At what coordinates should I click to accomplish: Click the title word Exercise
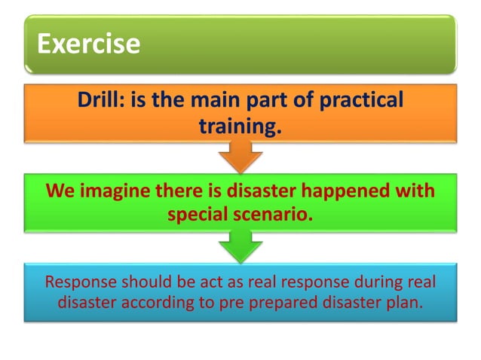89,43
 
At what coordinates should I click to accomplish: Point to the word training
239,126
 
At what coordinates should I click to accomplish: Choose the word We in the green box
60,190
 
